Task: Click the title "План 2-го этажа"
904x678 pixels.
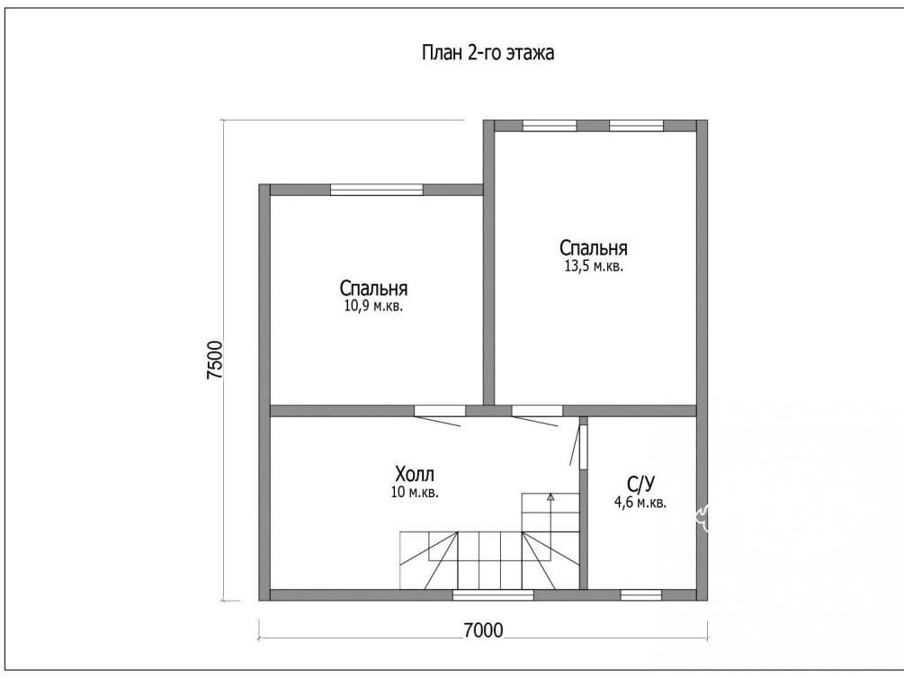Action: [x=488, y=53]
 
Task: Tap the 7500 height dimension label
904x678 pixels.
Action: [x=214, y=360]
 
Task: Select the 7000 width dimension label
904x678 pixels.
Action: [x=483, y=630]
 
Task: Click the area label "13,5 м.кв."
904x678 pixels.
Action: [x=594, y=266]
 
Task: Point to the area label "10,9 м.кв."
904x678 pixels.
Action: [x=373, y=306]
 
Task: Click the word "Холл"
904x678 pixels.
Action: [x=415, y=475]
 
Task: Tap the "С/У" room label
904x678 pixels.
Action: [x=640, y=483]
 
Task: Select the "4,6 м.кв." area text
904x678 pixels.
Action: [x=640, y=503]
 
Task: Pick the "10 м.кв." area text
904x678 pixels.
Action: [x=415, y=493]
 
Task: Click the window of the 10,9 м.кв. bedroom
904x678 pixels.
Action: [x=377, y=190]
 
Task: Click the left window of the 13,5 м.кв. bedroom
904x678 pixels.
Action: [x=550, y=126]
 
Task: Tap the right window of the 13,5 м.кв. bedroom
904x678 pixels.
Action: [x=637, y=126]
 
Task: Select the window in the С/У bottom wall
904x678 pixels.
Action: [x=640, y=595]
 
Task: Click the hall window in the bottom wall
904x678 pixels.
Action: [x=494, y=595]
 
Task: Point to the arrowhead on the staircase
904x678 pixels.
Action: [x=550, y=495]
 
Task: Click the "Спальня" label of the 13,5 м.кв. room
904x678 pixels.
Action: [x=594, y=248]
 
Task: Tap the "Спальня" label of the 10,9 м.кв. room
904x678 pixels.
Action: [x=373, y=288]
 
